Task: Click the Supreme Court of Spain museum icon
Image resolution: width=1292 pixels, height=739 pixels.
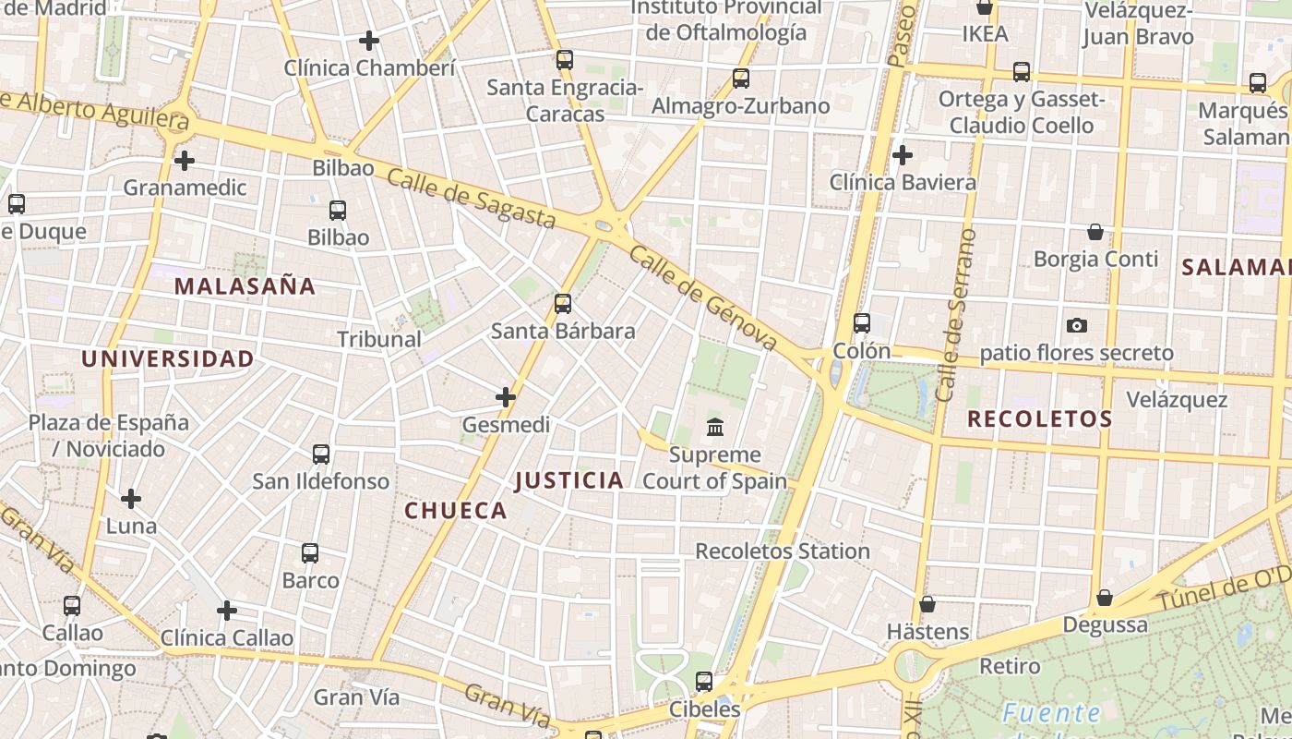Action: pyautogui.click(x=715, y=427)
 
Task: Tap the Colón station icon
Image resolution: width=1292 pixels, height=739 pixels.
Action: pyautogui.click(x=862, y=323)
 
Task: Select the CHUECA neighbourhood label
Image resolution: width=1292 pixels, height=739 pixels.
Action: pyautogui.click(x=456, y=511)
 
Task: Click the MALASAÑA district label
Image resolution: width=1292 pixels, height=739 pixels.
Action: pyautogui.click(x=245, y=286)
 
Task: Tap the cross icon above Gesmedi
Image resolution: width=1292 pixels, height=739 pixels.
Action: pyautogui.click(x=506, y=397)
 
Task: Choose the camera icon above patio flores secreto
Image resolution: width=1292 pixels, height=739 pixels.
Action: pyautogui.click(x=1076, y=325)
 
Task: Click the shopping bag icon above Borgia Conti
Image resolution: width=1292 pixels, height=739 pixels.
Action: pyautogui.click(x=1095, y=231)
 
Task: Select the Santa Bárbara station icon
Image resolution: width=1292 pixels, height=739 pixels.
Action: pyautogui.click(x=563, y=303)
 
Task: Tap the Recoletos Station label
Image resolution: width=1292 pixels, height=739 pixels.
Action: pyautogui.click(x=783, y=551)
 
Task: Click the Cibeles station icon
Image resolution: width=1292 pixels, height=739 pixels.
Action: pyautogui.click(x=704, y=682)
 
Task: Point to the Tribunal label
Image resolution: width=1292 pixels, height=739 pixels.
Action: pyautogui.click(x=379, y=339)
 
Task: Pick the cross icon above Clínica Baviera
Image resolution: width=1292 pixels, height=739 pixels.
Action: pyautogui.click(x=903, y=155)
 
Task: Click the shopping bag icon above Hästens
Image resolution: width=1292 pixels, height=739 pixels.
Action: pyautogui.click(x=927, y=604)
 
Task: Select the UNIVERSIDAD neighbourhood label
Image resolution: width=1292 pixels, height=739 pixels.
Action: pyautogui.click(x=167, y=359)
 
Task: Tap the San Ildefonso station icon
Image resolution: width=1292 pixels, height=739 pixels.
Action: pyautogui.click(x=321, y=454)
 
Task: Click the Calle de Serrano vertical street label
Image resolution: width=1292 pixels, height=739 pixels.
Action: pyautogui.click(x=956, y=314)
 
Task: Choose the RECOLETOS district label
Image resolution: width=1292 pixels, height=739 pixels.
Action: pyautogui.click(x=1040, y=419)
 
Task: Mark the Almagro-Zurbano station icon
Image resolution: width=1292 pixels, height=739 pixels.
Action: pyautogui.click(x=741, y=79)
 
